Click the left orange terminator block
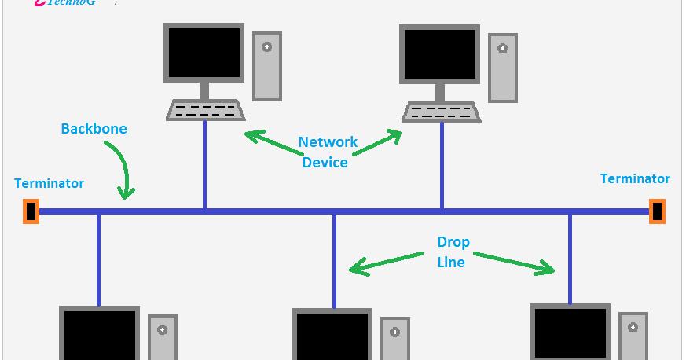[31, 211]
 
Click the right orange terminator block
[657, 211]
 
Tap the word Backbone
[94, 128]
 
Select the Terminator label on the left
[49, 183]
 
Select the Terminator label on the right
[635, 178]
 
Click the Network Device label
[326, 152]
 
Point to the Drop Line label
[453, 252]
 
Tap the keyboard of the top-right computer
[441, 110]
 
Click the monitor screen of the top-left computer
[204, 52]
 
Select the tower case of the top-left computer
[266, 66]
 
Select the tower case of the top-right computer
[502, 68]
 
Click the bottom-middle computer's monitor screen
[332, 336]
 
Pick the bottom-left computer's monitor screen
[99, 336]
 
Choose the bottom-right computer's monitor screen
[570, 333]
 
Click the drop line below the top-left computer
[205, 165]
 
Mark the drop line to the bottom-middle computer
[334, 259]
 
